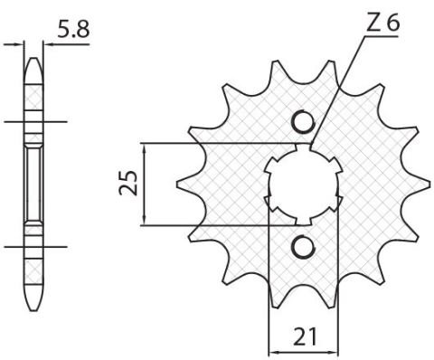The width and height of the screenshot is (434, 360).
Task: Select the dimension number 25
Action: pos(130,184)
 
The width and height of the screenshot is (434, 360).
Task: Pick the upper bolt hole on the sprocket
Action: pos(303,122)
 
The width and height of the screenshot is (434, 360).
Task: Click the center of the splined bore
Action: pos(303,184)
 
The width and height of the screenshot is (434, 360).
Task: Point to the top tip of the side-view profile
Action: pos(33,62)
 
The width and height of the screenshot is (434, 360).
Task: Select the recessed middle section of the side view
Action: pos(33,184)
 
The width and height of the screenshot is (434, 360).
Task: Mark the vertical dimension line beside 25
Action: pos(146,184)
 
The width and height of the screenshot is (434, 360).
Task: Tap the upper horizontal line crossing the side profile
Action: pos(33,121)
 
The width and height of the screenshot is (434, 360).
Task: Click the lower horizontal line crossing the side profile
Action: pos(33,245)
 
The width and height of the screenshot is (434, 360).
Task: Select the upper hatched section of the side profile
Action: pos(33,95)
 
